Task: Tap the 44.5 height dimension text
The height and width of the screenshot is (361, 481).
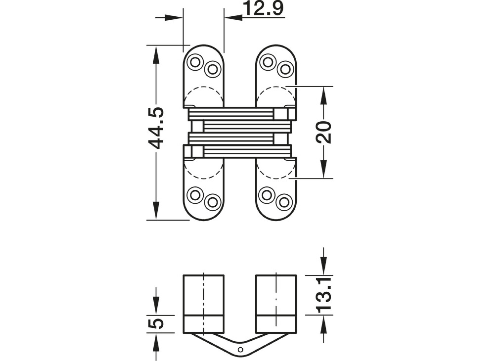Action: pyautogui.click(x=156, y=128)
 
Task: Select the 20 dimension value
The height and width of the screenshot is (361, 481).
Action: pyautogui.click(x=323, y=132)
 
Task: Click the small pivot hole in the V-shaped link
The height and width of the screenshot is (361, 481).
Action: pyautogui.click(x=240, y=349)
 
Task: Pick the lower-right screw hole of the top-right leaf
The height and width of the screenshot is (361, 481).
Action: pyautogui.click(x=285, y=70)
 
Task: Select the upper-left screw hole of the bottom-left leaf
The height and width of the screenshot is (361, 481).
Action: pyautogui.click(x=195, y=195)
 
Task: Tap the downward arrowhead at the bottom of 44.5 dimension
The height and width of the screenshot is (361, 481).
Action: pyautogui.click(x=156, y=211)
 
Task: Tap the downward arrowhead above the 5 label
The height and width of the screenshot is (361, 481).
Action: pyautogui.click(x=156, y=306)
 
